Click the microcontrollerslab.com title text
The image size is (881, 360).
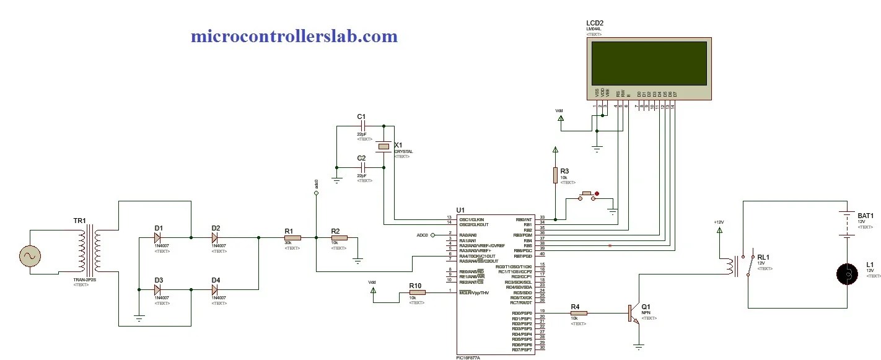tap(294, 37)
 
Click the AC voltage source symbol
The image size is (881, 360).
tap(29, 255)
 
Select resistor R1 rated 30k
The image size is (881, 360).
tap(292, 237)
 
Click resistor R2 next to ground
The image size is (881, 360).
tap(339, 237)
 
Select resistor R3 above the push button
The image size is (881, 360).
tap(556, 175)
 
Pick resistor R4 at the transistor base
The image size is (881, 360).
tap(579, 314)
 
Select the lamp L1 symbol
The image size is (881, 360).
tap(847, 274)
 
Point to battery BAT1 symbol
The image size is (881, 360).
tap(847, 224)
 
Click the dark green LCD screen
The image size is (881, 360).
tap(649, 63)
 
